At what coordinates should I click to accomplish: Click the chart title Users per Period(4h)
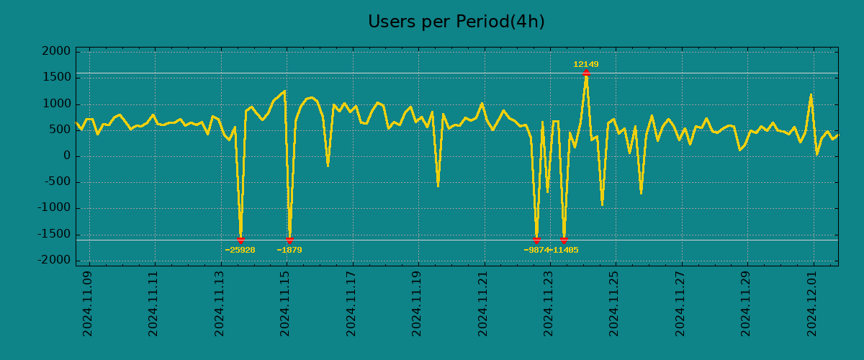[456, 22]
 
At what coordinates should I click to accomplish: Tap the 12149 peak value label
[585, 65]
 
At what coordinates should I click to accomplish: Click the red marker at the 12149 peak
[586, 73]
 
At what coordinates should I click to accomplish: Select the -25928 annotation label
[240, 251]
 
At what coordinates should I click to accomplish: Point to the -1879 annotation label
[289, 251]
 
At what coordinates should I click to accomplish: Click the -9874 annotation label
[536, 251]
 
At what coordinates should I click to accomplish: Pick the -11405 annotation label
[564, 251]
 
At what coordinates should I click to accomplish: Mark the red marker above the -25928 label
[240, 240]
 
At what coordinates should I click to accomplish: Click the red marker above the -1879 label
[289, 240]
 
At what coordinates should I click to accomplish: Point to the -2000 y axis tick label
[55, 260]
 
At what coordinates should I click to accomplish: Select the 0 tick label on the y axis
[67, 156]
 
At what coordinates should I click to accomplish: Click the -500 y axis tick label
[58, 182]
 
